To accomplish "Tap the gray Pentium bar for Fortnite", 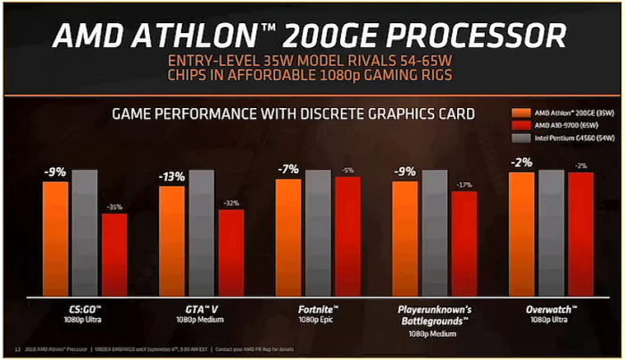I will click(319, 233).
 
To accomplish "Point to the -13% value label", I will click(171, 177).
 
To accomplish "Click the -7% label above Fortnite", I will click(287, 169).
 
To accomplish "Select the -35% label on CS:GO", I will click(114, 207).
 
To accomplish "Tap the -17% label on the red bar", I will click(464, 185).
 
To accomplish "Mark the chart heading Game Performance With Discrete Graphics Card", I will click(292, 113).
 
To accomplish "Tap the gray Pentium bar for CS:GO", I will click(85, 233).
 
